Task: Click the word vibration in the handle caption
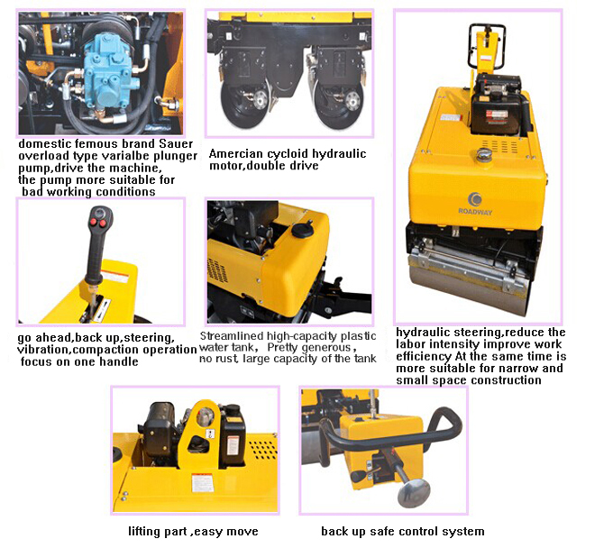point(44,350)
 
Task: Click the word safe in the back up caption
point(380,531)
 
